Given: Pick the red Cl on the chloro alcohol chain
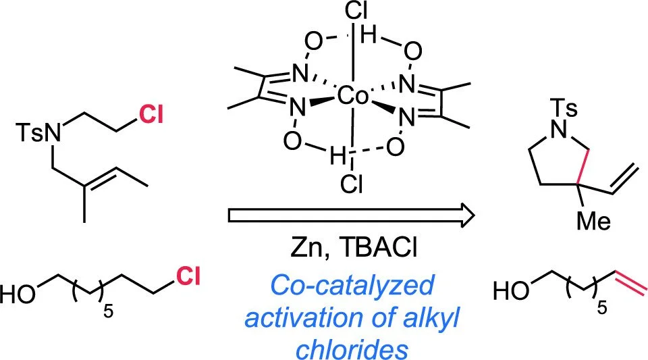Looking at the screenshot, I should click(190, 275).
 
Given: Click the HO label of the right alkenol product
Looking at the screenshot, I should click(511, 291).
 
